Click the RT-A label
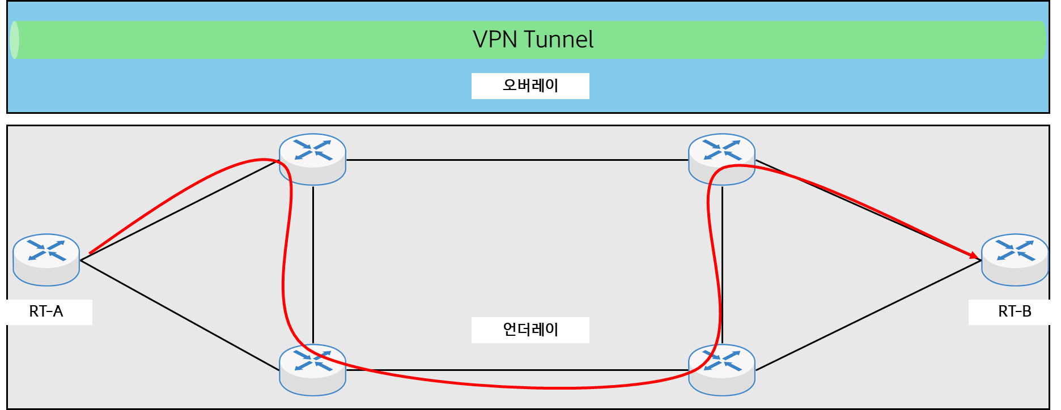[x=46, y=311]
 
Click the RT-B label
[x=1014, y=311]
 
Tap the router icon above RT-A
[x=46, y=259]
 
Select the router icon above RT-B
[x=1015, y=259]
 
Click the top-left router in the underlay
[x=312, y=159]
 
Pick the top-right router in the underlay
[x=722, y=159]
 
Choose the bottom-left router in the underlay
[x=312, y=369]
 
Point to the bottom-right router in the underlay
[x=722, y=369]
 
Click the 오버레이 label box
[x=530, y=86]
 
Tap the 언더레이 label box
[x=530, y=330]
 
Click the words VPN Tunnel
[x=533, y=40]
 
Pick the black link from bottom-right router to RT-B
[x=867, y=315]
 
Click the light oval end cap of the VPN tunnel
[x=15, y=40]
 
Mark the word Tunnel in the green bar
[x=559, y=40]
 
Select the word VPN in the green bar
[x=495, y=40]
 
